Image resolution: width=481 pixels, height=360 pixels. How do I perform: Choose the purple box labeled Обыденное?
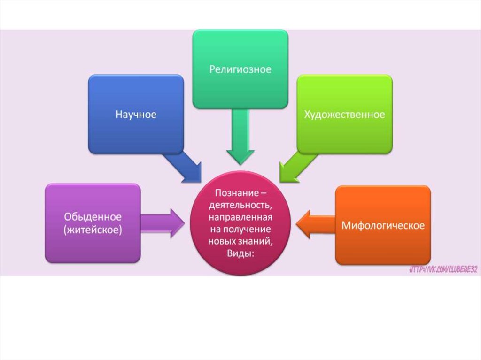click(x=93, y=223)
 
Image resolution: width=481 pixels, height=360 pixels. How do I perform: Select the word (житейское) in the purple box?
click(x=93, y=230)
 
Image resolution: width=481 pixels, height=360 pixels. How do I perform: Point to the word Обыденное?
click(x=93, y=217)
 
